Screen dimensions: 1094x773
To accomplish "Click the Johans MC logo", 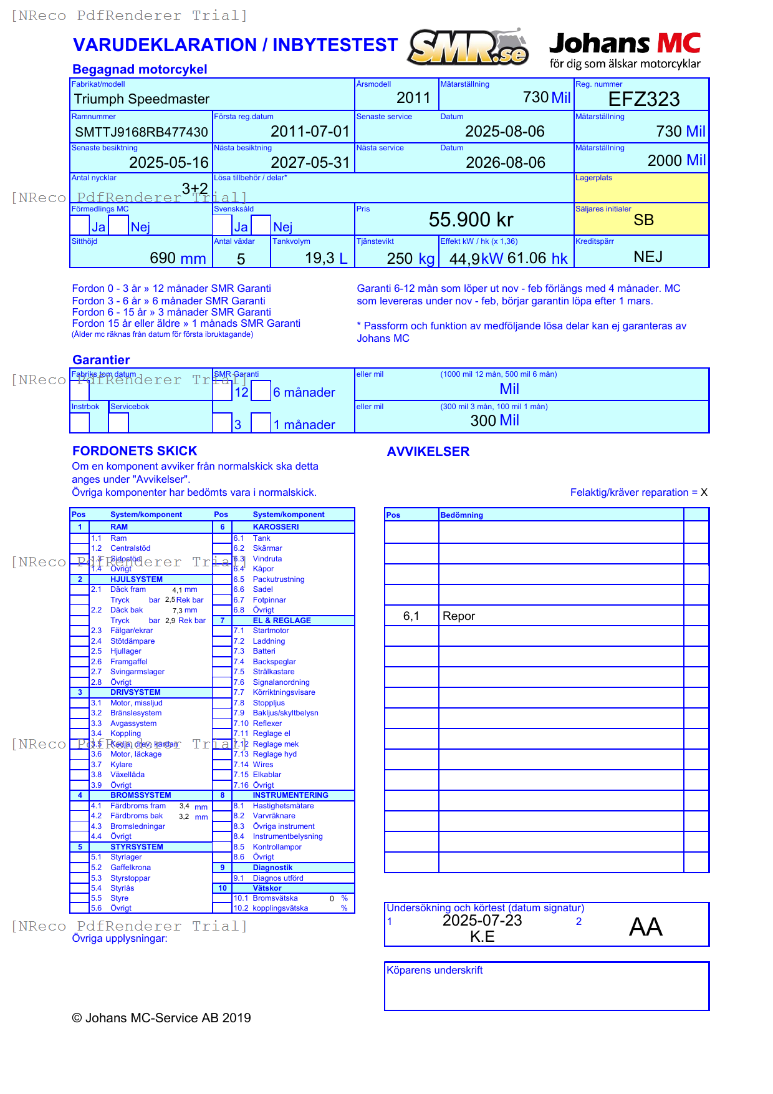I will [625, 50].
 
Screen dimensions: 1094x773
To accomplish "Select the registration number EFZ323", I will [643, 99].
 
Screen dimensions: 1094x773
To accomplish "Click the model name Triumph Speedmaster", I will [142, 99].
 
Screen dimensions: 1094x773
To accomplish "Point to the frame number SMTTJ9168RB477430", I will [142, 132].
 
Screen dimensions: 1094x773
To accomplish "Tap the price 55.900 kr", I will [471, 220].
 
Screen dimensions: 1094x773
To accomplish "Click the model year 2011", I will [413, 98].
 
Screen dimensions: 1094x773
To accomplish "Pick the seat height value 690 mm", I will [178, 258].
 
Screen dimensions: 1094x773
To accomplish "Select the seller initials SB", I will [643, 220].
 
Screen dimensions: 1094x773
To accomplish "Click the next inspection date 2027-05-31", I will [310, 163].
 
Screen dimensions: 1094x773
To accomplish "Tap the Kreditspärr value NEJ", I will [648, 257].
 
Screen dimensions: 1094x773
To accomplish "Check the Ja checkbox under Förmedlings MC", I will [80, 225].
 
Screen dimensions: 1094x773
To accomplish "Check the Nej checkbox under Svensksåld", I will [261, 225].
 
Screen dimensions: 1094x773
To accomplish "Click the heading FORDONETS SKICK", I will [135, 451].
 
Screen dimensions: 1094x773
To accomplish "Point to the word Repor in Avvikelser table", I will [459, 616].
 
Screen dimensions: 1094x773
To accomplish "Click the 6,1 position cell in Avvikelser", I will [411, 616].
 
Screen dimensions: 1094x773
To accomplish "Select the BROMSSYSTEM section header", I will [140, 795].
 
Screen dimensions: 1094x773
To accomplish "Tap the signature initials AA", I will [645, 927].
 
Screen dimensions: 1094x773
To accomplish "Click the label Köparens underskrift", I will [435, 971].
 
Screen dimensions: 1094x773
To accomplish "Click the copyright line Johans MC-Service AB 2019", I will [161, 1018].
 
